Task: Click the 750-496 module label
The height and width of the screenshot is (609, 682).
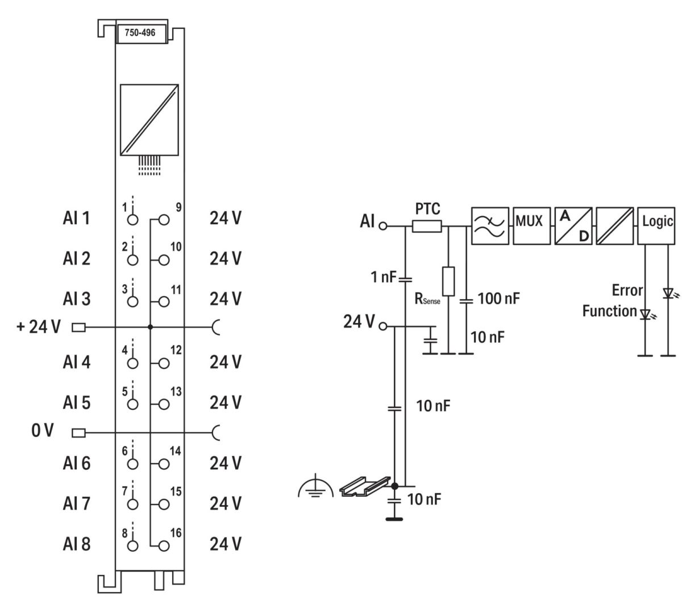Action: click(140, 32)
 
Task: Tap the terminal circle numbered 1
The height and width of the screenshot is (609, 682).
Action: click(132, 220)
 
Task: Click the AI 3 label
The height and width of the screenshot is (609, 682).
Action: click(76, 299)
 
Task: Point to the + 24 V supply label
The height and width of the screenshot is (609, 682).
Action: click(39, 326)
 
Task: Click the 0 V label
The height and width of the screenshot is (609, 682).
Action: click(43, 430)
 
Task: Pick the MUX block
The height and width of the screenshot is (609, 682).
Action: click(531, 226)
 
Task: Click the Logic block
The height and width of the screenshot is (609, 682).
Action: click(656, 226)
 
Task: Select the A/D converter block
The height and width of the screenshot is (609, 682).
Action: click(573, 226)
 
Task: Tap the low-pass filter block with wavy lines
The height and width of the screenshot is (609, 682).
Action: click(490, 226)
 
